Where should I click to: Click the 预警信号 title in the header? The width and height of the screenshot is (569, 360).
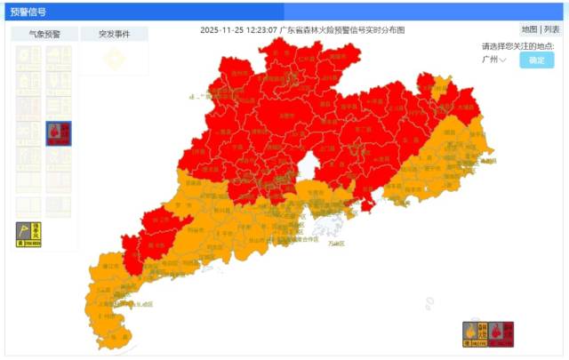tap(29, 12)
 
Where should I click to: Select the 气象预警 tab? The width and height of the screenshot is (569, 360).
tap(44, 34)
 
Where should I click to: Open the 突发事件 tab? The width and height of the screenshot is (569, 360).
tap(114, 34)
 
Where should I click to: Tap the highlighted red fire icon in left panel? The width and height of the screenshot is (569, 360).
tap(59, 133)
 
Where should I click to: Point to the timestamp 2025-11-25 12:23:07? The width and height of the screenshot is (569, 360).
tap(238, 29)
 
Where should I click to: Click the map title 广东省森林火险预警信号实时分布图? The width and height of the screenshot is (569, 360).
tap(342, 29)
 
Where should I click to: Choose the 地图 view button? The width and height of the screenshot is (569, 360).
tap(529, 29)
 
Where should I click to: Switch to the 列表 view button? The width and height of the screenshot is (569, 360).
tap(552, 29)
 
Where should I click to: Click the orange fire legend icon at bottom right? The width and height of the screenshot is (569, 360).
tap(474, 333)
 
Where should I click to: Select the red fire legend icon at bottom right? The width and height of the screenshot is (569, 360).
tap(501, 333)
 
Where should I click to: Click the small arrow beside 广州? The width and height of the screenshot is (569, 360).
tap(503, 60)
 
